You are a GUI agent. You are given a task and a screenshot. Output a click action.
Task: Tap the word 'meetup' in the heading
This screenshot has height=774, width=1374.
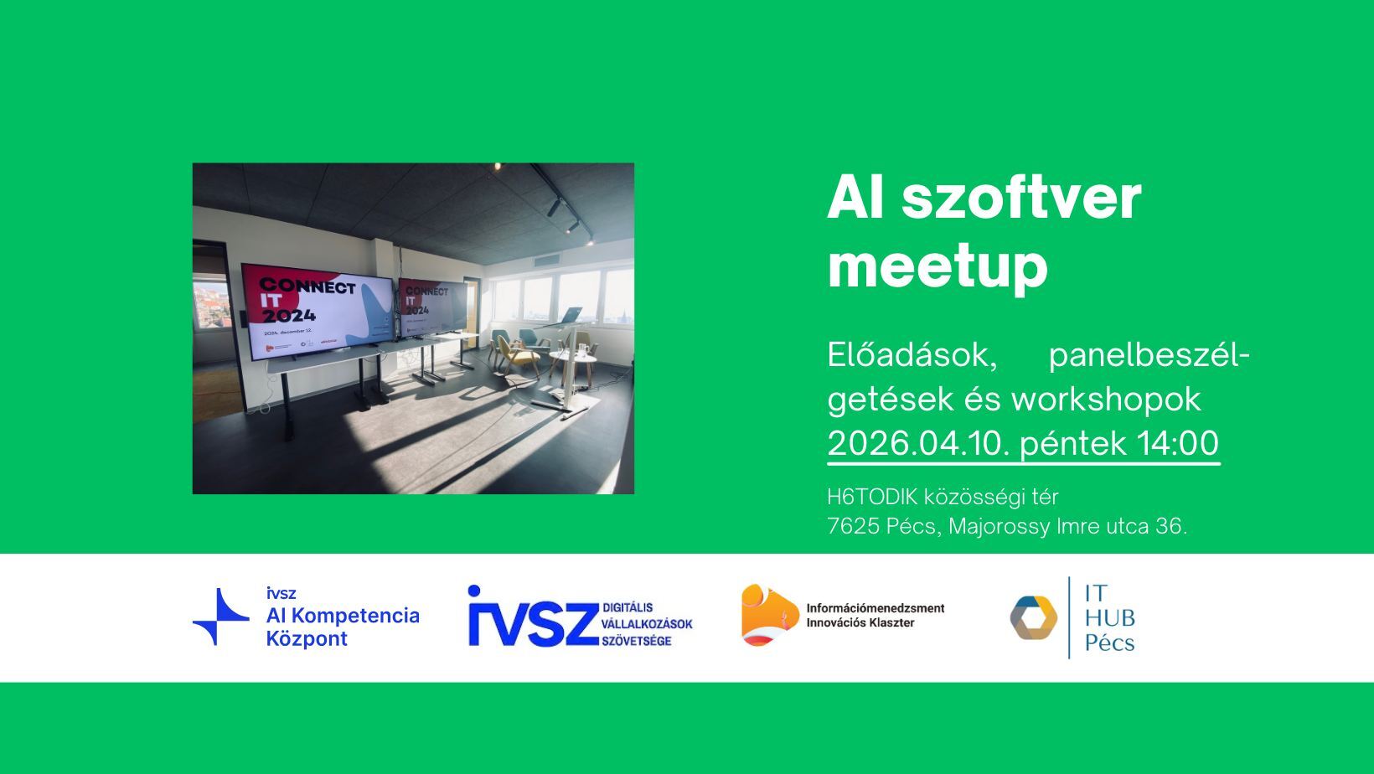938,266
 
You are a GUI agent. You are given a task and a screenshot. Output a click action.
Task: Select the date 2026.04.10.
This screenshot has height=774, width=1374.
918,443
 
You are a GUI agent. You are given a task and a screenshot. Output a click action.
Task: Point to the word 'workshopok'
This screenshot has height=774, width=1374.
1106,400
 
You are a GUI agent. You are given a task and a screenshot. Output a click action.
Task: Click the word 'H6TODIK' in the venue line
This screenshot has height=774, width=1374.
872,497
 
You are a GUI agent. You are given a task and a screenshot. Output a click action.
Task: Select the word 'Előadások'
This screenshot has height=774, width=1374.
912,355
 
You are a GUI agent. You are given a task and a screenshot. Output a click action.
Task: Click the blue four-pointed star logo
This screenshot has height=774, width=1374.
220,617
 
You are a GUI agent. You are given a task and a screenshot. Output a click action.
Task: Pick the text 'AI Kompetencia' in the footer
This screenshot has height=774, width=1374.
342,616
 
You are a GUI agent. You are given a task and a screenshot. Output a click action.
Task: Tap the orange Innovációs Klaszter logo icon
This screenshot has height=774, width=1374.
768,616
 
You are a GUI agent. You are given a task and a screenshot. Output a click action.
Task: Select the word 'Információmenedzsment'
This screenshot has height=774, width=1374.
875,608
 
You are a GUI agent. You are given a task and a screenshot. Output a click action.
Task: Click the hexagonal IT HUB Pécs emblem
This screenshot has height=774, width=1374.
1033,618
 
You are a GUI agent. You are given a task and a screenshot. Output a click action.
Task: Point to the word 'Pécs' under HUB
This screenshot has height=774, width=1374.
1109,643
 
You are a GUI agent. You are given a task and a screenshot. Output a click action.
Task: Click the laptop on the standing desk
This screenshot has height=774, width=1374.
570,316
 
